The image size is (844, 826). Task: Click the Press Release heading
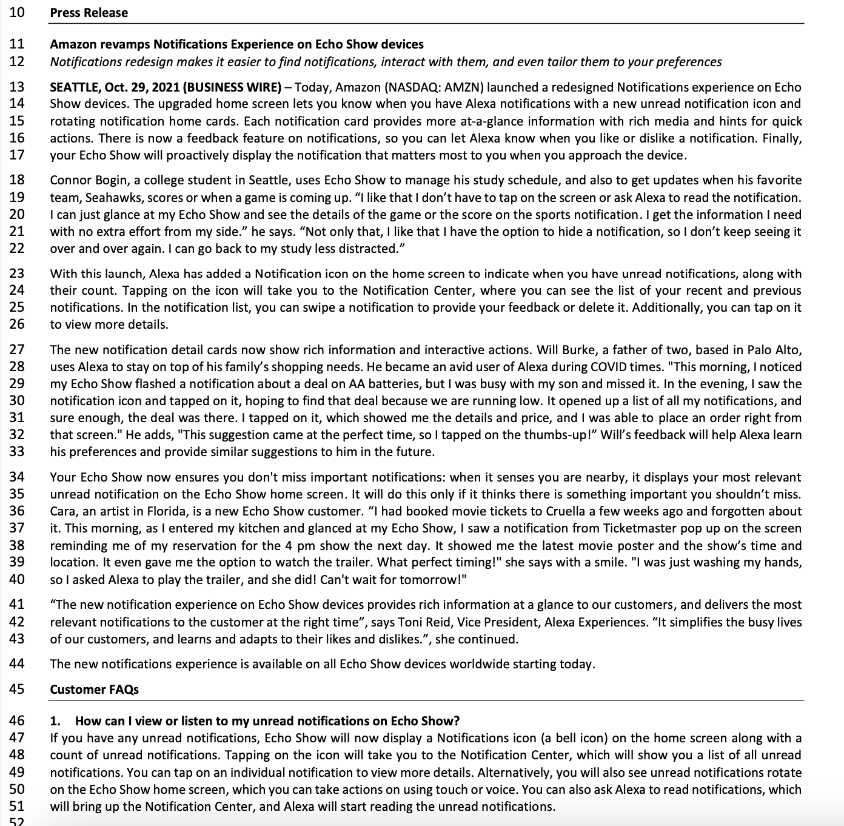click(x=89, y=13)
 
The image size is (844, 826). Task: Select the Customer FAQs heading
click(x=94, y=690)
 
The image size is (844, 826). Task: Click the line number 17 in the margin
click(x=17, y=155)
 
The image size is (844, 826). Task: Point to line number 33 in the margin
click(x=17, y=452)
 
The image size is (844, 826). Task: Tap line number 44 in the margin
click(x=17, y=664)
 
